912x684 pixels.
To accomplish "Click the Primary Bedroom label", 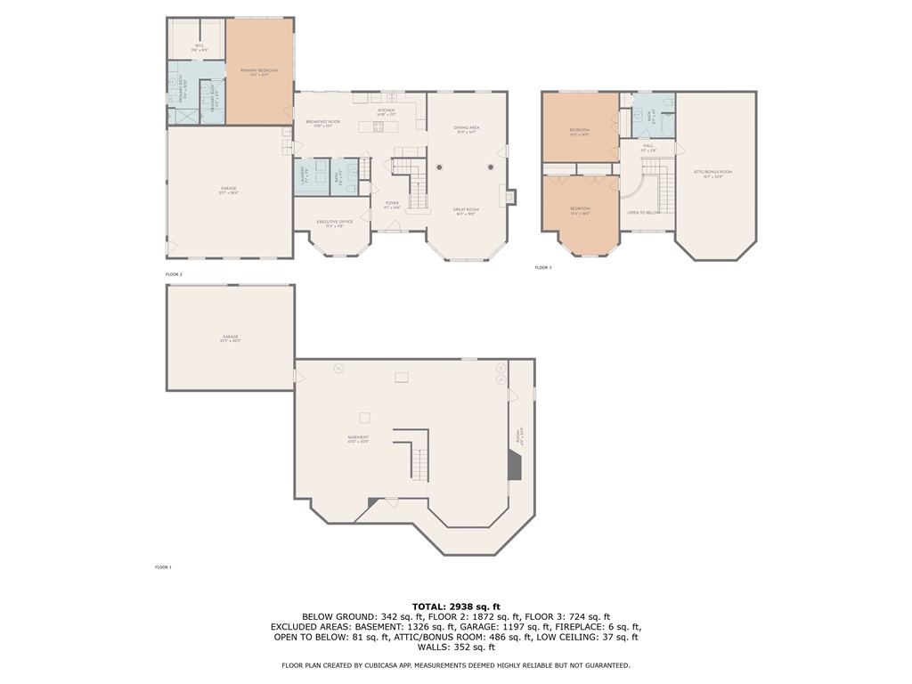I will (x=259, y=71).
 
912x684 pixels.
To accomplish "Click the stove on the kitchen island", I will (x=379, y=126).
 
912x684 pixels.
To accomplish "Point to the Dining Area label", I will (x=467, y=129).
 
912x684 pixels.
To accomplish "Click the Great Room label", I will (x=467, y=211).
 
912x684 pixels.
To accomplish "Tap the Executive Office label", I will (x=335, y=224).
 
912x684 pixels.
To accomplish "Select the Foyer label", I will (x=392, y=204).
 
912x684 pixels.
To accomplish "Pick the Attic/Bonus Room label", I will (x=713, y=173).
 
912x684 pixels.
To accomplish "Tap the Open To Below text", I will (x=643, y=213).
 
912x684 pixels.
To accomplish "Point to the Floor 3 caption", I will (x=542, y=267).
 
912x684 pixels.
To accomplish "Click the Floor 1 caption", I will (x=163, y=566).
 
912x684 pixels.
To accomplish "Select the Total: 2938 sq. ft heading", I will (x=456, y=606).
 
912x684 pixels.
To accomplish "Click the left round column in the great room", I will (x=439, y=167).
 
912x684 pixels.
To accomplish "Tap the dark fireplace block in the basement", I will (x=514, y=465).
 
